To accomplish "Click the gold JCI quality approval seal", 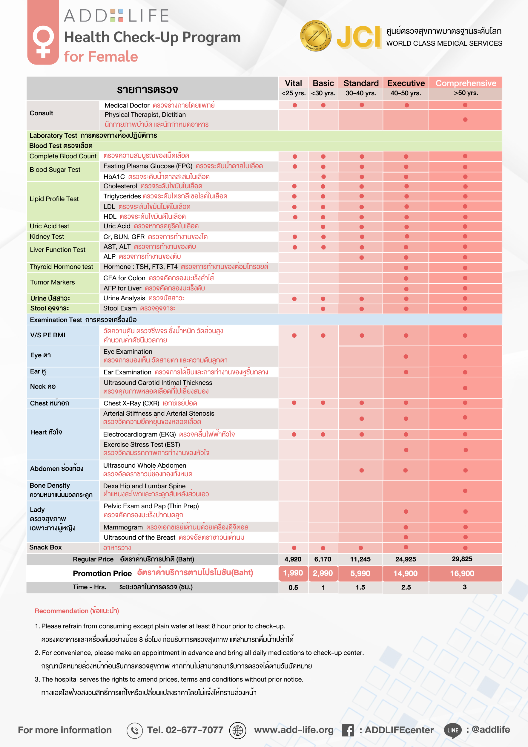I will coord(316,36).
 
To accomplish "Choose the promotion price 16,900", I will coord(462,573).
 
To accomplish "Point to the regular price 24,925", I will coord(406,559).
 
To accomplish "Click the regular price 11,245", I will coord(360,559).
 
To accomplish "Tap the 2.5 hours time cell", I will coord(406,587).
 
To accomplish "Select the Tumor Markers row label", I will coord(52,282).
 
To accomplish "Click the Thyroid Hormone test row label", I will coord(62,267).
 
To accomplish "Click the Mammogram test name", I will coord(123,527).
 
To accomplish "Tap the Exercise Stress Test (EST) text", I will coord(142,444).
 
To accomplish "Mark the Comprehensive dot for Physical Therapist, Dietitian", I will coord(465,120).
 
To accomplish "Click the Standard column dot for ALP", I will coord(362,257).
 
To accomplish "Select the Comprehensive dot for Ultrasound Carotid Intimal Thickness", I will coord(465,388).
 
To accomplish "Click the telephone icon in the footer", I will coord(135,730).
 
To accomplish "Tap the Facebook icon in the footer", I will coord(348,730).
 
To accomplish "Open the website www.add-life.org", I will coord(294,730).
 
